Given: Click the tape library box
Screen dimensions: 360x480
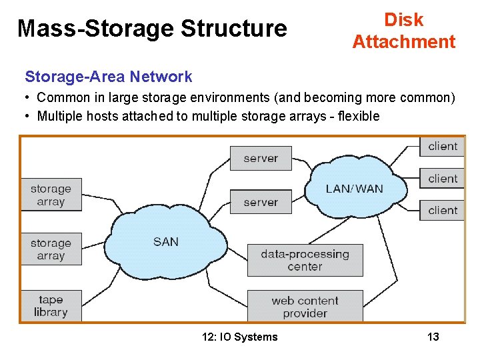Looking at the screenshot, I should coord(51,306).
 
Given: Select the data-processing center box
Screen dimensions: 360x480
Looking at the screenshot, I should coord(305,260).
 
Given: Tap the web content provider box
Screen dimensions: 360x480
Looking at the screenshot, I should coord(305,307).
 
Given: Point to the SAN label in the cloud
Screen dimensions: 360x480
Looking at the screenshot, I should coord(166,241).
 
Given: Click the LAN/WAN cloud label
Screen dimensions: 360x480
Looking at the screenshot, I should coord(354,189).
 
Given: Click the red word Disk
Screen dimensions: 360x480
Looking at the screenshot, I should coord(404,20).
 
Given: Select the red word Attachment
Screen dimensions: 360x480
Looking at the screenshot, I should coord(404,42).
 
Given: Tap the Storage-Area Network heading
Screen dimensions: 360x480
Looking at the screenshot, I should coord(109,77).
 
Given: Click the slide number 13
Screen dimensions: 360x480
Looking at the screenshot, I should coord(433,337).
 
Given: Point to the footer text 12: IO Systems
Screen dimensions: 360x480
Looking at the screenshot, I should coord(239,337).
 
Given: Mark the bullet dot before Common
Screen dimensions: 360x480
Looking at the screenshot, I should coord(28,97).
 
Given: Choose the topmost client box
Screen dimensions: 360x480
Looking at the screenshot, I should coord(442,147).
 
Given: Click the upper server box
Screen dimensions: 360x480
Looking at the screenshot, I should coord(261,159).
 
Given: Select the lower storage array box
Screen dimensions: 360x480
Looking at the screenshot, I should coord(51,249).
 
